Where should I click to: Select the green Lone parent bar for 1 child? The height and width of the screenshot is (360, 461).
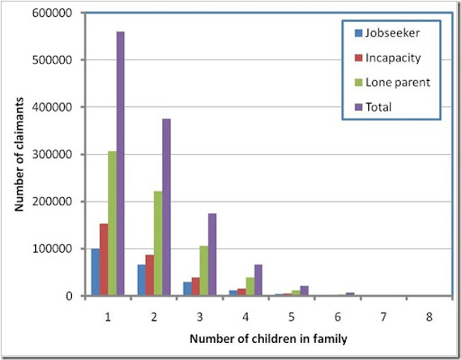(x=111, y=223)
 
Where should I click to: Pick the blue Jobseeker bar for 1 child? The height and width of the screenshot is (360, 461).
(x=95, y=272)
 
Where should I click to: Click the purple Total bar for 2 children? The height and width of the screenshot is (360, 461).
(x=166, y=207)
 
